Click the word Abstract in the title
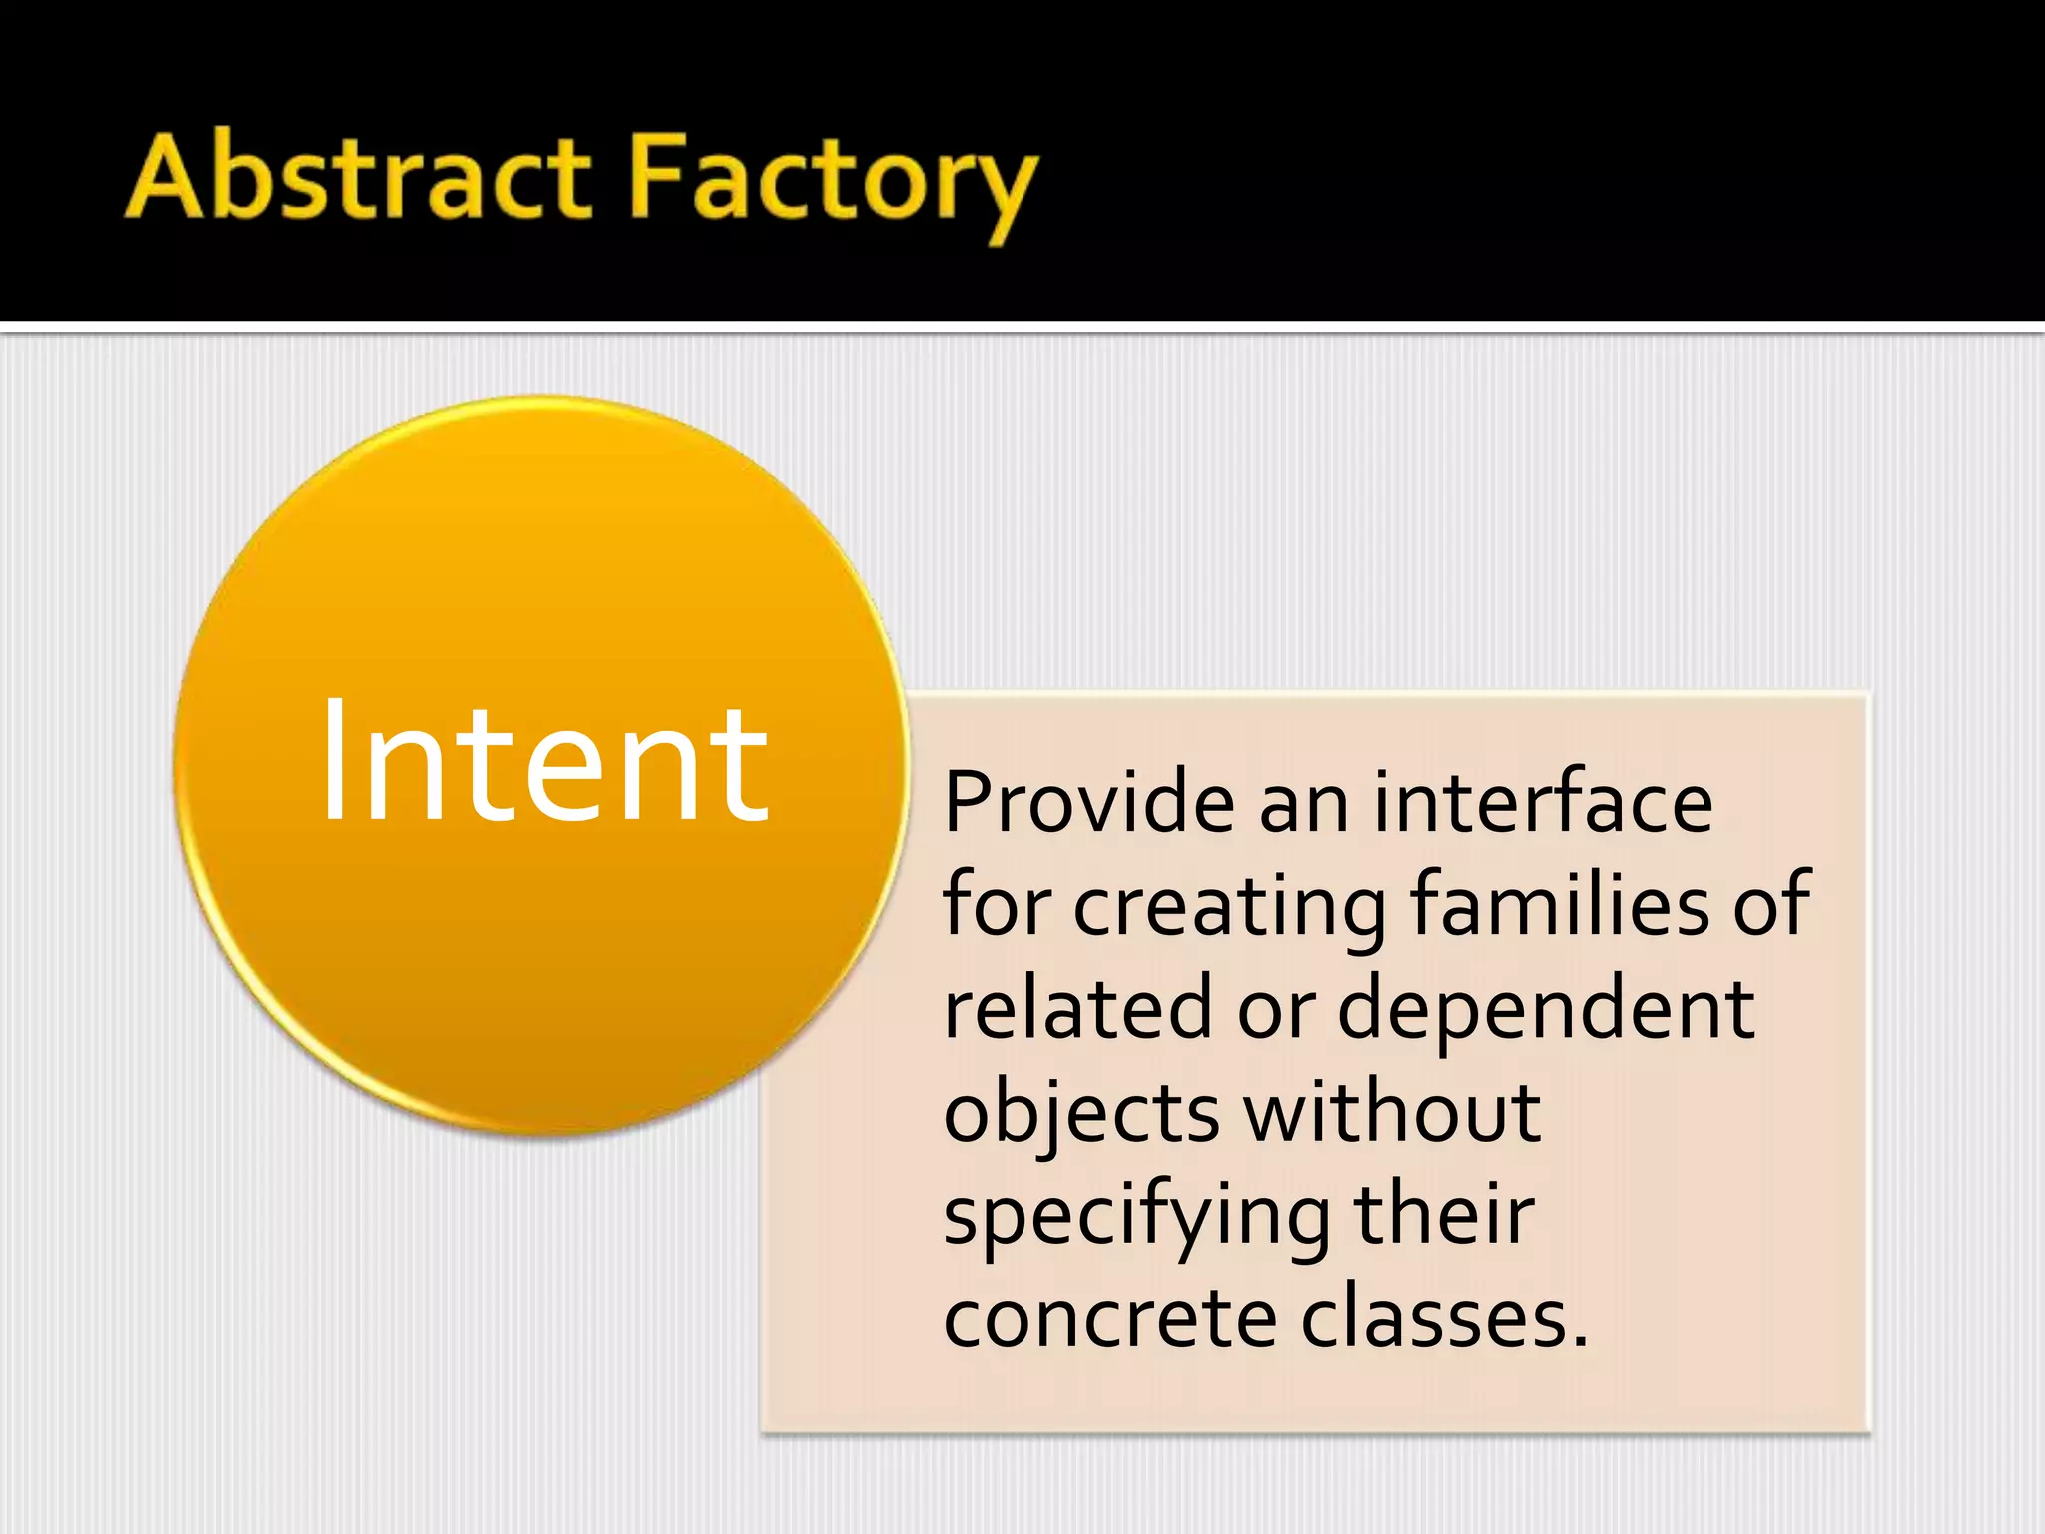pos(359,178)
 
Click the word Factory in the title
pos(835,182)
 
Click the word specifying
pos(1137,1218)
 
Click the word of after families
pos(1771,904)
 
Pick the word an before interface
pos(1303,805)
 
